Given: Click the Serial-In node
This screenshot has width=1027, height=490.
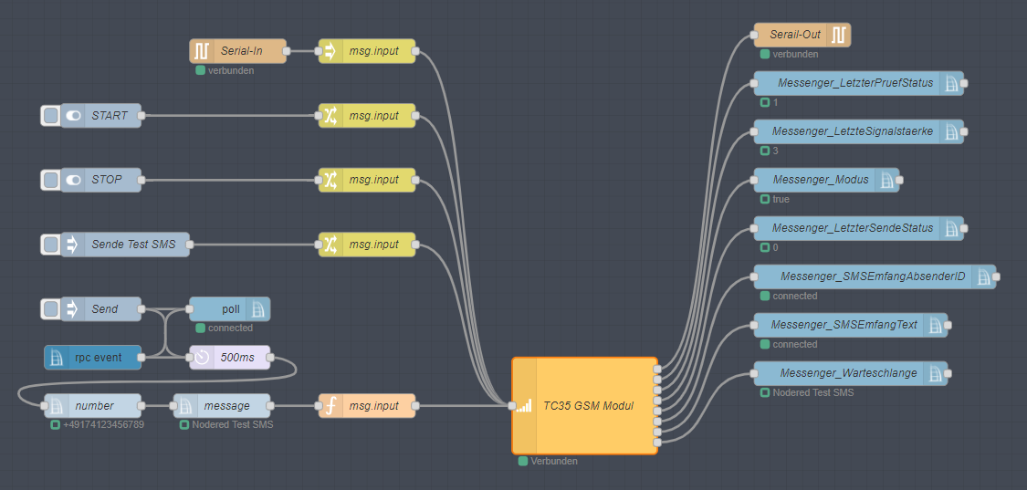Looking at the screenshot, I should [x=239, y=51].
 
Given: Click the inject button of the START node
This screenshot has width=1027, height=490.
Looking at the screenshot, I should [x=51, y=116].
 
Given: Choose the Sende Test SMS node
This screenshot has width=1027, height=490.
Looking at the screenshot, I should [x=131, y=245].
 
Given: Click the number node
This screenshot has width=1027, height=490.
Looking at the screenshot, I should [x=93, y=406].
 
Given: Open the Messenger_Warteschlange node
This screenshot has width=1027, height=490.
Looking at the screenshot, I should [x=849, y=373].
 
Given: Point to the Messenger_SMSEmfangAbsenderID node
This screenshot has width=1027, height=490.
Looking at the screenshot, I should [x=873, y=276].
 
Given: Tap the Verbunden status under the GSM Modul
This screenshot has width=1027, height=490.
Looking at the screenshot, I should [x=553, y=462].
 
